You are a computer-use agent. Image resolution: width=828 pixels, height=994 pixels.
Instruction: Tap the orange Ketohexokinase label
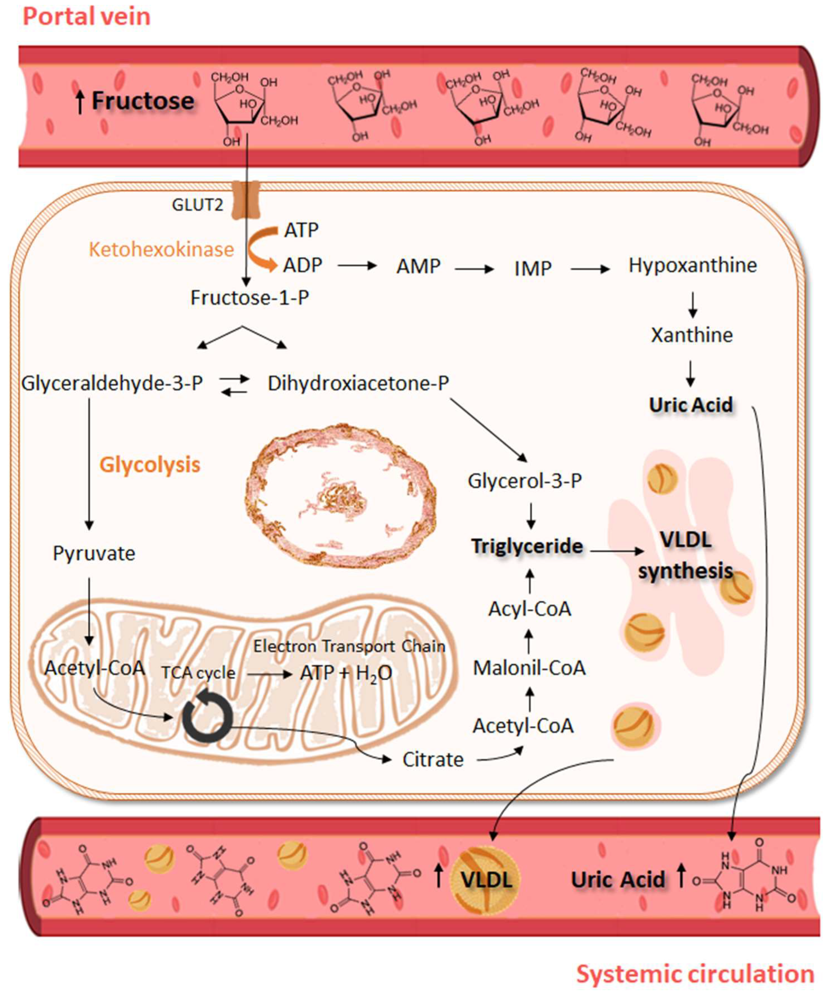[161, 249]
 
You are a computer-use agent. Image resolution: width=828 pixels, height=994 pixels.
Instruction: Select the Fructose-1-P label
[250, 298]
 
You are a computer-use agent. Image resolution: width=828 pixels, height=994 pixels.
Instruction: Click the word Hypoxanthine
[692, 266]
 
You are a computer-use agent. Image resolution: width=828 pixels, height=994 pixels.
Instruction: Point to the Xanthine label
[692, 335]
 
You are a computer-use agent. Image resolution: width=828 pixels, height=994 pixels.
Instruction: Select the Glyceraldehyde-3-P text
[112, 383]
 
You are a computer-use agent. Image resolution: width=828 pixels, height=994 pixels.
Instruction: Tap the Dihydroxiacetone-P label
[358, 383]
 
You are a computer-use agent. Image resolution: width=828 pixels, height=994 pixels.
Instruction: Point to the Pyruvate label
[94, 553]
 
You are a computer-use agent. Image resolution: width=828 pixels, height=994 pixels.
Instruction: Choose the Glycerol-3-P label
[525, 481]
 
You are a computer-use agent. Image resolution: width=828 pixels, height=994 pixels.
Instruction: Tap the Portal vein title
[87, 16]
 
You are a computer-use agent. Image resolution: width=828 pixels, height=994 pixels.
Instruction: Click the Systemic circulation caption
[695, 974]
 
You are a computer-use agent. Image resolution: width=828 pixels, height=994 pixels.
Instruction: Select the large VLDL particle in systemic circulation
[486, 880]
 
